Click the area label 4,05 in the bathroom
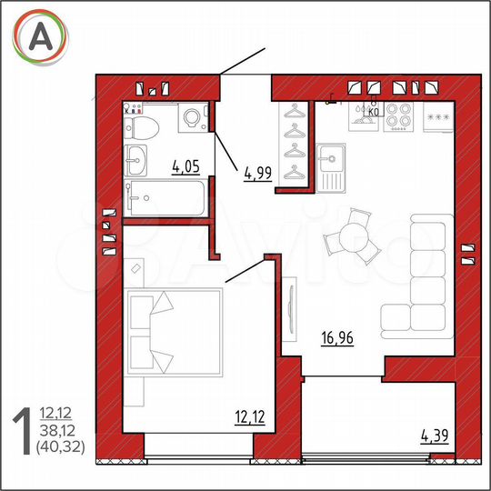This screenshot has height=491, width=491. (185, 166)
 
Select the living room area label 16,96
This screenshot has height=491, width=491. (336, 340)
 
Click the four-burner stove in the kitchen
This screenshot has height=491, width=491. (398, 115)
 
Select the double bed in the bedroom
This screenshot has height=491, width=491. (173, 333)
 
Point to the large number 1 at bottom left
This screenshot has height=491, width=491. (21, 429)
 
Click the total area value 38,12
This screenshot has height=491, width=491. (53, 431)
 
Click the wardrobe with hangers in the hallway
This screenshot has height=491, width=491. (296, 141)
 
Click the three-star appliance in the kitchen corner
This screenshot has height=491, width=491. (439, 116)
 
